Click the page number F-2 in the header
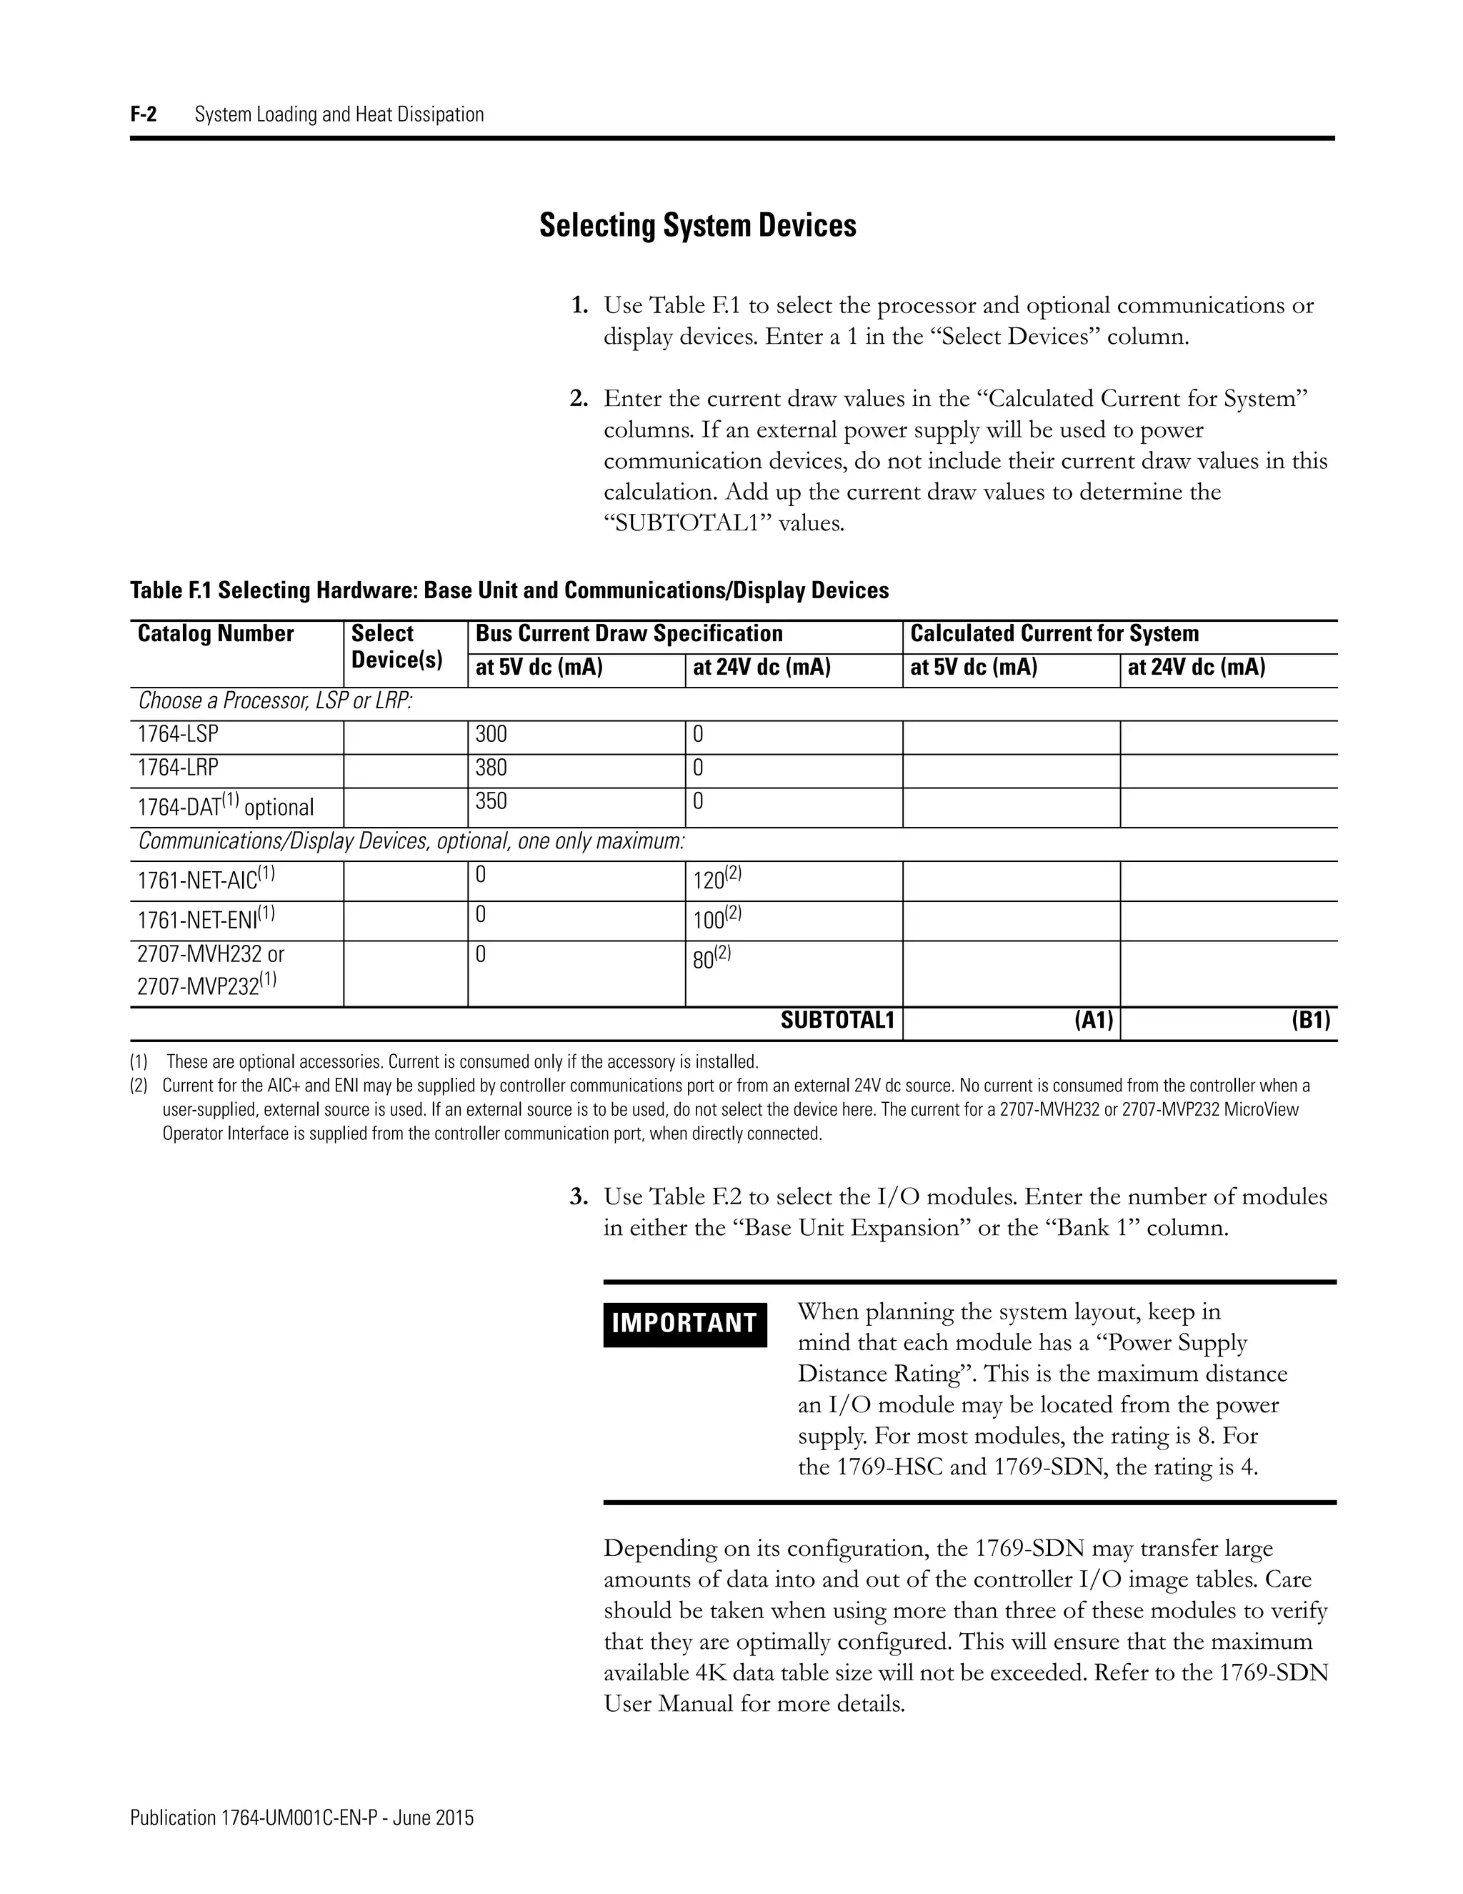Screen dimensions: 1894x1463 [144, 114]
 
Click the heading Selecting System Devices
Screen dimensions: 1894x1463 [698, 225]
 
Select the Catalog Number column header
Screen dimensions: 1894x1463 [216, 634]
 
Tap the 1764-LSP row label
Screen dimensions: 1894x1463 [178, 735]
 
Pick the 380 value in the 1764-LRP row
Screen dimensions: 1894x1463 [491, 768]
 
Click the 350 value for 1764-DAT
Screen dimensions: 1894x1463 [491, 801]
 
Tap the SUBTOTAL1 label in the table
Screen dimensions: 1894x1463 [837, 1021]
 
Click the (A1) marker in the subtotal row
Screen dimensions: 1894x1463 [1093, 1021]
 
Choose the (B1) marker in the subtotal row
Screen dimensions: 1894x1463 [1309, 1021]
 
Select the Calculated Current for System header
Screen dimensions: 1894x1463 [1054, 634]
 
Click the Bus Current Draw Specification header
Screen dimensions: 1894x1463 [629, 634]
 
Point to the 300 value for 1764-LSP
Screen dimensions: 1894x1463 [491, 735]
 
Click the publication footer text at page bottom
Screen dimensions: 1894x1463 [301, 1818]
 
